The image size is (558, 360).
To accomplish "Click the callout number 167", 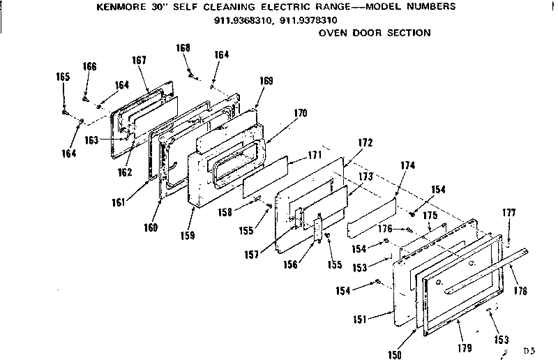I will [x=138, y=60].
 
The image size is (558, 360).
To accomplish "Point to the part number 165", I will [x=63, y=77].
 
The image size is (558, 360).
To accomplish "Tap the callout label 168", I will [x=183, y=47].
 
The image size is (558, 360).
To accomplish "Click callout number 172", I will [x=365, y=142].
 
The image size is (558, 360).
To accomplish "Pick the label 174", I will [x=408, y=165].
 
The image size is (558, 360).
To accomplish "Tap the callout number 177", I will [x=509, y=213].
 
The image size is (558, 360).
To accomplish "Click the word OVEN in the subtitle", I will [x=333, y=33].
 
